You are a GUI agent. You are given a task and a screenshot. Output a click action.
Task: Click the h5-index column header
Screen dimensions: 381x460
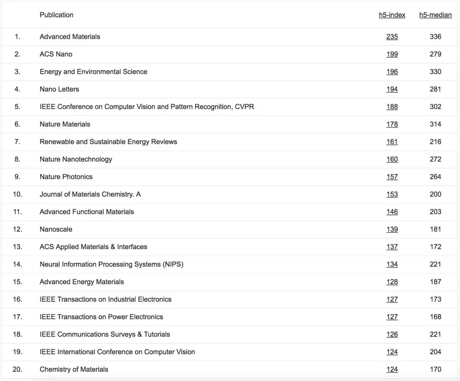pos(392,15)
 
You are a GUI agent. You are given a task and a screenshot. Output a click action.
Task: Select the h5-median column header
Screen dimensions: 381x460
pos(435,15)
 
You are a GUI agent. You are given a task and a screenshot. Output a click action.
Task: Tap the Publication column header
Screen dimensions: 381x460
pos(56,15)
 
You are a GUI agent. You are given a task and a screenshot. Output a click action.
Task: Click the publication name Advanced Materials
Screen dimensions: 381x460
pos(70,37)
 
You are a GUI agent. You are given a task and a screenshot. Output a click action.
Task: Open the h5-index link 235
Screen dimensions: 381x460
pos(392,37)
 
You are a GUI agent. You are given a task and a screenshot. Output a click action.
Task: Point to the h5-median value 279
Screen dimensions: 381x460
pos(435,54)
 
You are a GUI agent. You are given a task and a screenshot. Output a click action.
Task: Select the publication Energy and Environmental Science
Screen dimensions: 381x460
pos(93,72)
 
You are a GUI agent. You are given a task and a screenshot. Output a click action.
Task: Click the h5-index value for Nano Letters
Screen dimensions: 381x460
pos(392,89)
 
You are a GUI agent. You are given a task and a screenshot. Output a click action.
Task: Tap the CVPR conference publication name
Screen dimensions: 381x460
pos(147,107)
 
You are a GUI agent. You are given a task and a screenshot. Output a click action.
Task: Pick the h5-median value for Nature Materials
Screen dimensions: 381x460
pos(435,124)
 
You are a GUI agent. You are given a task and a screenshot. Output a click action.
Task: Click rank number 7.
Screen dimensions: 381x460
pos(17,142)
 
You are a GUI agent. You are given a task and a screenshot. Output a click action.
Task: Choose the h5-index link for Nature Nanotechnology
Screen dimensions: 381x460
pos(392,159)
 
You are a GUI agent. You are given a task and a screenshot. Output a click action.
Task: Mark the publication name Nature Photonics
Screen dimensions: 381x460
pos(66,177)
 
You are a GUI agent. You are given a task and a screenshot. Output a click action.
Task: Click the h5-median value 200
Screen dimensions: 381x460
pos(435,194)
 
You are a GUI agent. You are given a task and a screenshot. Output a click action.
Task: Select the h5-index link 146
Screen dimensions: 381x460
pos(392,212)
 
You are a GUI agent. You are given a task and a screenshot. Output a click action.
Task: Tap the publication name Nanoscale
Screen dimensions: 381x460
pos(56,229)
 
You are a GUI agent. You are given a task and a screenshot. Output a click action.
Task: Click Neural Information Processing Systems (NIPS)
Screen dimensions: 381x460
pos(111,264)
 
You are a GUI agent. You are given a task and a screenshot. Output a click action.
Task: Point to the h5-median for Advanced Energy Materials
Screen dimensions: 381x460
pos(435,282)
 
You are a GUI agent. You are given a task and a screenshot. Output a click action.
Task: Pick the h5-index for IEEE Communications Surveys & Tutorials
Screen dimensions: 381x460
pos(392,334)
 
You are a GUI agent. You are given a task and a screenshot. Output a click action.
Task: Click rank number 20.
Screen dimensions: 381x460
pos(17,369)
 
